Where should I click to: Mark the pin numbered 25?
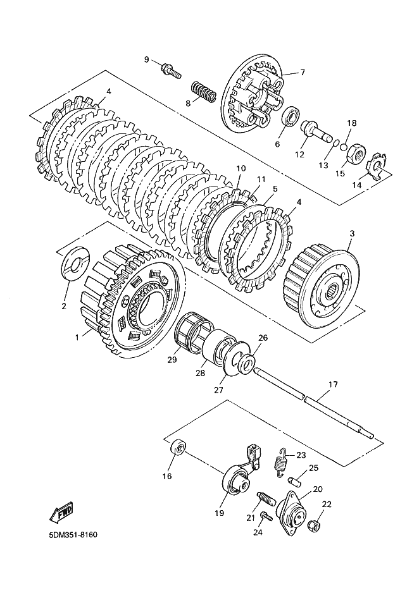tap(294, 482)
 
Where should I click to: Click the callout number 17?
tap(333, 384)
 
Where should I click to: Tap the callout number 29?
tap(172, 360)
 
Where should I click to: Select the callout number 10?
tap(241, 168)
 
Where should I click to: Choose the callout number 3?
tap(352, 233)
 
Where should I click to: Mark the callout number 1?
tap(77, 337)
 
